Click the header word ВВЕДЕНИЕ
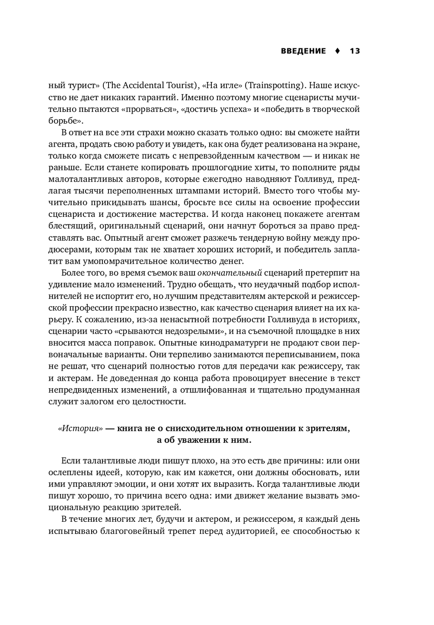point(303,51)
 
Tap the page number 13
point(355,51)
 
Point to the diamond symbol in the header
point(337,51)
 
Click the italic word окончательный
point(230,273)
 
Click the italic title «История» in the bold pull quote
point(81,429)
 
